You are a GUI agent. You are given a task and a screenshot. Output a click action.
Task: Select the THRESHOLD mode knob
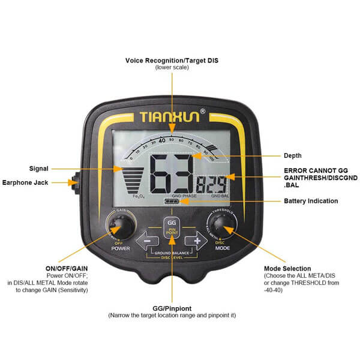pyautogui.click(x=223, y=225)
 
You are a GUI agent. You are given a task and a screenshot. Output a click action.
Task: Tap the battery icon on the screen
pyautogui.click(x=171, y=202)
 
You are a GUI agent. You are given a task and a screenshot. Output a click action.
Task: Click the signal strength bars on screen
pyautogui.click(x=133, y=179)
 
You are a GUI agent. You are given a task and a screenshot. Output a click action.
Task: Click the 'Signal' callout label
pyautogui.click(x=38, y=168)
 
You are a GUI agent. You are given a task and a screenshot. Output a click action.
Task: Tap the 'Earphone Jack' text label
pyautogui.click(x=29, y=182)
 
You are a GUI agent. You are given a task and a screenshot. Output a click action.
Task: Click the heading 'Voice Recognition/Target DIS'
pyautogui.click(x=172, y=61)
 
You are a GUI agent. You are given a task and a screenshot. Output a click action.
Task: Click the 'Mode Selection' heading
pyautogui.click(x=287, y=268)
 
